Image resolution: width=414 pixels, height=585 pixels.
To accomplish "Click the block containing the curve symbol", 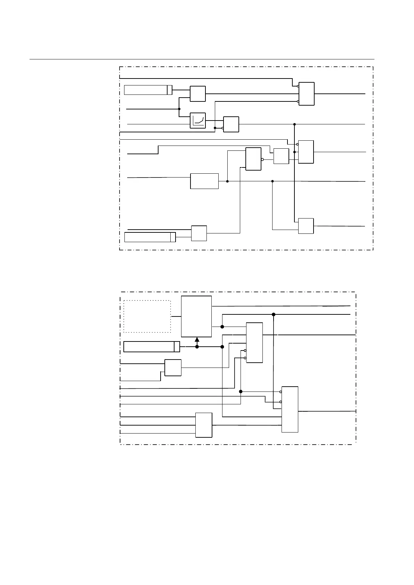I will tap(198, 121).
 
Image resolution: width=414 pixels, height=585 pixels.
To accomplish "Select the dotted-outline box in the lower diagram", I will tap(147, 316).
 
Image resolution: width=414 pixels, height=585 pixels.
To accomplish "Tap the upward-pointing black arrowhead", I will tap(197, 339).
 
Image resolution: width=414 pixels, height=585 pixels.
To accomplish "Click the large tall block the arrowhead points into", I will tap(196, 316).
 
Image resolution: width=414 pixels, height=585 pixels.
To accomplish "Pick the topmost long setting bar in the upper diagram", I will tap(148, 90).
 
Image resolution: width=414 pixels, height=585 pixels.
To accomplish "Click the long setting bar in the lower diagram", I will tap(152, 347).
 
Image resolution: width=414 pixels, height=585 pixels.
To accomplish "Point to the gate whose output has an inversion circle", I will tap(253, 159).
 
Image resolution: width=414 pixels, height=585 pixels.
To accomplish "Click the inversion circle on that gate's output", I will tap(262, 160).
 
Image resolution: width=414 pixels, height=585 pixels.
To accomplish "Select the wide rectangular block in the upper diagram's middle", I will tap(204, 181).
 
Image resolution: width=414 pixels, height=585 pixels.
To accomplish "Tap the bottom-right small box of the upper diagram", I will tap(306, 226).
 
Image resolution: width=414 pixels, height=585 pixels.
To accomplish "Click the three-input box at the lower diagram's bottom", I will tap(204, 425).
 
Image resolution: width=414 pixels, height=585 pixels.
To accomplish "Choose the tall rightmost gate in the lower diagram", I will tap(290, 409).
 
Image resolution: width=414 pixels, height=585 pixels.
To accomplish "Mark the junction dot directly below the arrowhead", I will tap(197, 347).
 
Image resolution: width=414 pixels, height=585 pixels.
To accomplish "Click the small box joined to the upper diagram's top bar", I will tap(198, 94).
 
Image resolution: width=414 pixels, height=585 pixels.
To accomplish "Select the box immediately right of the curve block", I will tap(231, 124).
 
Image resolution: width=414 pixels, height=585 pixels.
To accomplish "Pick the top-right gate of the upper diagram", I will tap(307, 94).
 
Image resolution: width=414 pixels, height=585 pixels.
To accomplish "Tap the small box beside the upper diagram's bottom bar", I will tap(199, 233).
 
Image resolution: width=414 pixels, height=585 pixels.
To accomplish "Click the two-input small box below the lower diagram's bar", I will tap(173, 368).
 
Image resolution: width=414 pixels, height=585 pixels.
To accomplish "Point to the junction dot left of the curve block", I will tap(179, 109).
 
